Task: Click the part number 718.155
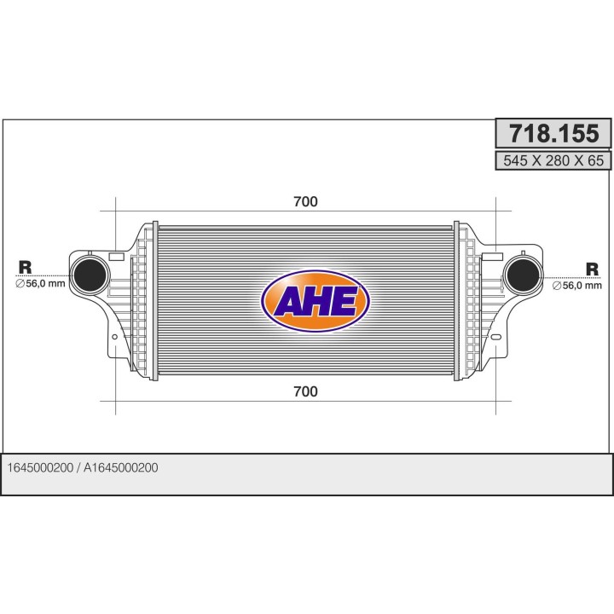coord(553,134)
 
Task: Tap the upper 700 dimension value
coord(305,201)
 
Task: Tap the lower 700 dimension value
coord(305,391)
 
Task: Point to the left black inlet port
coord(89,274)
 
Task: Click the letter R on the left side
coord(25,267)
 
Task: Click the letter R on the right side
coord(592,268)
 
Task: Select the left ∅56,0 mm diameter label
coord(40,284)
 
